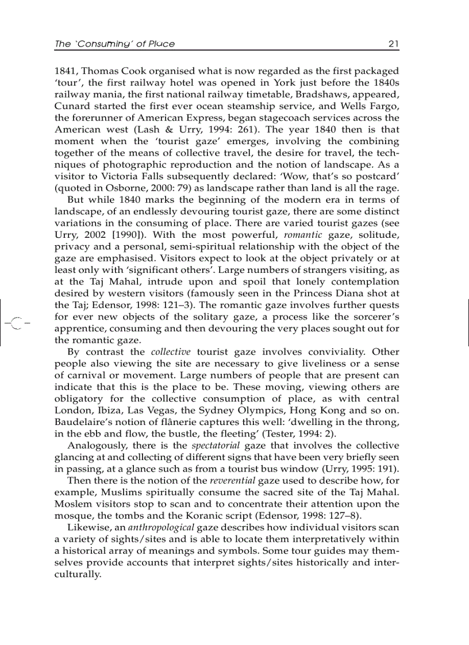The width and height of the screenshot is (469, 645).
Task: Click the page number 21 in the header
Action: (394, 44)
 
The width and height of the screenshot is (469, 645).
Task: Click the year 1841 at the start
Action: (65, 71)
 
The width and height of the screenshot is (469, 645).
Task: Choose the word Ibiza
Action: (116, 410)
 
